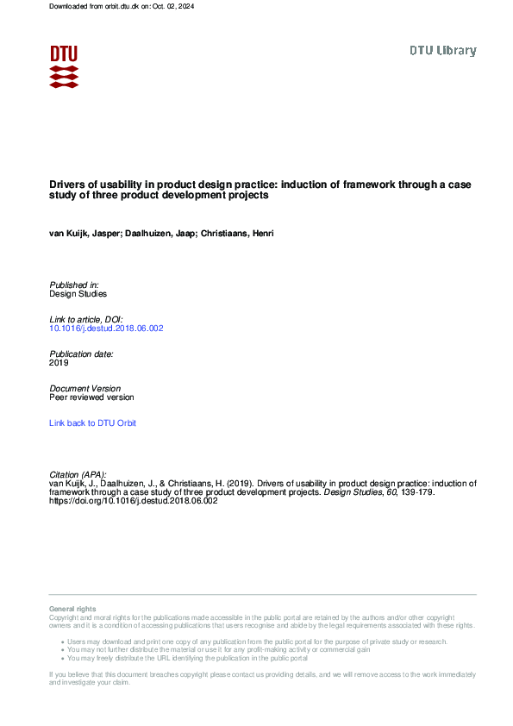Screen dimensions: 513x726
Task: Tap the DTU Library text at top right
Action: pos(442,51)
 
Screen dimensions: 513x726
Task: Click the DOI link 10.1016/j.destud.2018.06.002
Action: pos(106,329)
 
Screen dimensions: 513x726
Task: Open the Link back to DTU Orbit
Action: pos(92,423)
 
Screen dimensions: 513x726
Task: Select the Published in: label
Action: pos(74,285)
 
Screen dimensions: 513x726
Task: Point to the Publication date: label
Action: pos(81,354)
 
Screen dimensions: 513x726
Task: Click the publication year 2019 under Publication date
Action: pos(59,363)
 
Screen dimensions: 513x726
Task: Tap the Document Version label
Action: pos(85,389)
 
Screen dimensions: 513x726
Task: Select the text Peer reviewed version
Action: pos(91,397)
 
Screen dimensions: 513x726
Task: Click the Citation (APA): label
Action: pos(80,474)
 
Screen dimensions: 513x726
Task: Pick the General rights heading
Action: pos(72,609)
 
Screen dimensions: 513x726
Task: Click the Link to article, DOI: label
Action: pos(86,319)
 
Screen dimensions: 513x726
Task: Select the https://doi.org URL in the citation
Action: pos(134,501)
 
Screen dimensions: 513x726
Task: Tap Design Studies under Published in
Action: pos(78,294)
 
